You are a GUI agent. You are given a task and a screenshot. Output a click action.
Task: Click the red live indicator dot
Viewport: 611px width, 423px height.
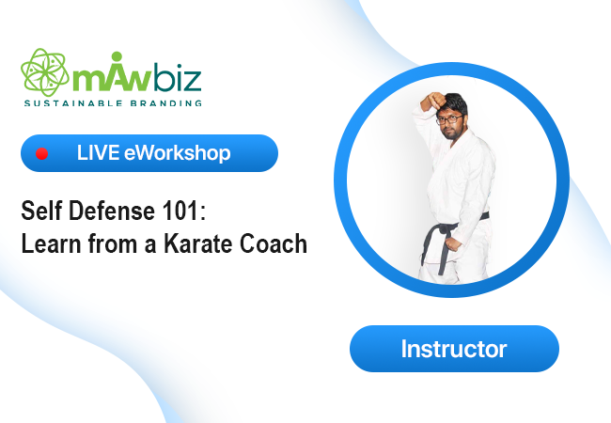coord(41,154)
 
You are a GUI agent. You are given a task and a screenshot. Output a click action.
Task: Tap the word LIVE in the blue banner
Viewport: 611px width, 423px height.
coord(98,152)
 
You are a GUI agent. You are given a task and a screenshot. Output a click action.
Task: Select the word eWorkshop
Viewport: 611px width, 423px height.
coord(178,152)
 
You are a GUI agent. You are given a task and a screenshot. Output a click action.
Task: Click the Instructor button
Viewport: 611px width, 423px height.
coord(454,349)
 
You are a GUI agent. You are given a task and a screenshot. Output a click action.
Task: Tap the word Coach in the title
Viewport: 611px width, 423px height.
coord(274,243)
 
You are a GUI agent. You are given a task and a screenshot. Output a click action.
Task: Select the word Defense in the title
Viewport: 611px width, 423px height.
coord(112,211)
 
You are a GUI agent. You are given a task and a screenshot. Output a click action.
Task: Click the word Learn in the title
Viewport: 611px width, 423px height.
coord(50,243)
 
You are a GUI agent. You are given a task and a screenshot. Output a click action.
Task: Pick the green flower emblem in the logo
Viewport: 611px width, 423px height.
coord(45,72)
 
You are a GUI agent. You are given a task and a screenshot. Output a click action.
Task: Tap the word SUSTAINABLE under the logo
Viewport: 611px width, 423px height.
coord(73,103)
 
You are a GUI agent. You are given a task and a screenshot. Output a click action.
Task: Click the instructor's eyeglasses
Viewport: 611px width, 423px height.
coord(449,119)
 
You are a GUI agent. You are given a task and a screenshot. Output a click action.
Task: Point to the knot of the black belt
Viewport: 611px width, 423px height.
coord(444,229)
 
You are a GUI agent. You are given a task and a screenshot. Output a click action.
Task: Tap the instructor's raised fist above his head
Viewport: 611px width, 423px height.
coord(433,101)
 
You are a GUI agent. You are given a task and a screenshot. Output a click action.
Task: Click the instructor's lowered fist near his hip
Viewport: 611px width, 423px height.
coord(453,244)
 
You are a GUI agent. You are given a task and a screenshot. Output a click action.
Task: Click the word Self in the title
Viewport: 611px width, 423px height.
coord(41,211)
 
